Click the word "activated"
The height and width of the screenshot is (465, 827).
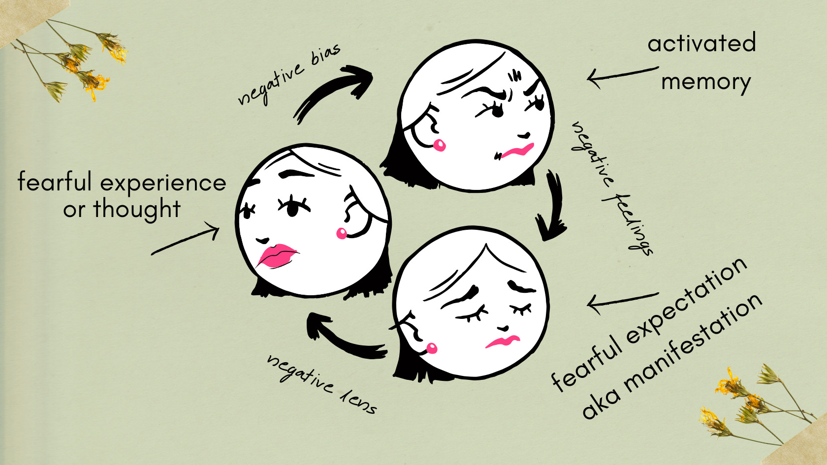click(x=701, y=43)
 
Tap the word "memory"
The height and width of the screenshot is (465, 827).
click(x=706, y=82)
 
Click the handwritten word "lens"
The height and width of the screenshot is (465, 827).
click(x=359, y=401)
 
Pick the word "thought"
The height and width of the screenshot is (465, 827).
click(x=137, y=209)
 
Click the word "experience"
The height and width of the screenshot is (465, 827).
click(x=163, y=183)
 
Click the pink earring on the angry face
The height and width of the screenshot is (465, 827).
click(x=439, y=145)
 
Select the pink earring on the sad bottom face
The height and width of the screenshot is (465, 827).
click(x=432, y=348)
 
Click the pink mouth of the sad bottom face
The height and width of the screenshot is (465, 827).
click(x=503, y=341)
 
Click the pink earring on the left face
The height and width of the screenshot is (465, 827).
click(x=342, y=233)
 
